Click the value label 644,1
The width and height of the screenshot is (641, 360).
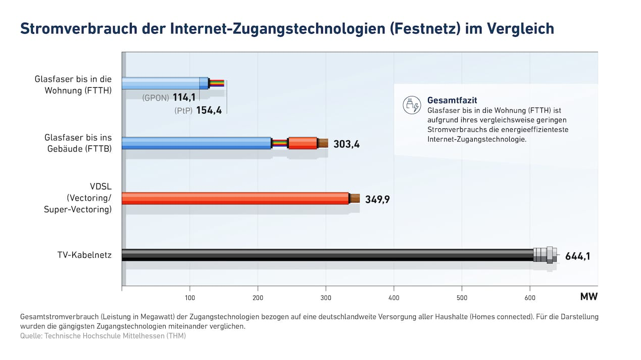[577, 256]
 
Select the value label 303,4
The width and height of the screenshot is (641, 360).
[347, 144]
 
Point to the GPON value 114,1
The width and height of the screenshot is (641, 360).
[184, 97]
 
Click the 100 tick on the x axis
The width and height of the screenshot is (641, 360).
[190, 297]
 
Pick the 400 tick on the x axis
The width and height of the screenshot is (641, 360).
[394, 297]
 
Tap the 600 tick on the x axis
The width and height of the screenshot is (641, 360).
[530, 297]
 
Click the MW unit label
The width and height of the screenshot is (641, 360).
[588, 297]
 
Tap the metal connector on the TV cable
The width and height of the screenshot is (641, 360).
[546, 254]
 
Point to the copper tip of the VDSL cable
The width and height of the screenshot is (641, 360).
[355, 198]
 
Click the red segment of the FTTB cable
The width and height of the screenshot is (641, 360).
[303, 143]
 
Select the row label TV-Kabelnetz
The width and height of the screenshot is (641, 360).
[84, 255]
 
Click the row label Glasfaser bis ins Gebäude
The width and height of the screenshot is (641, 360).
[78, 143]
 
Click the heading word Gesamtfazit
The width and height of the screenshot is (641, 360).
[452, 100]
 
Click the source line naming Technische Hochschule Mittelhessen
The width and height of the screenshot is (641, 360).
[103, 336]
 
